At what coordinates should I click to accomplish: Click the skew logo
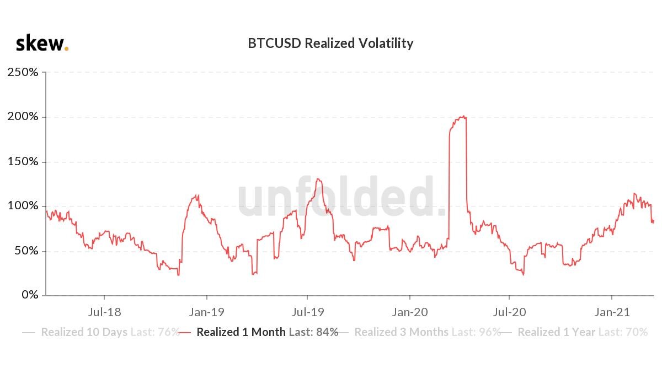pyautogui.click(x=42, y=43)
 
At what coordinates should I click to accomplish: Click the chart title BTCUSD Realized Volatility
pyautogui.click(x=330, y=44)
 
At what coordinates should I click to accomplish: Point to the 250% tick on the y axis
pyautogui.click(x=23, y=72)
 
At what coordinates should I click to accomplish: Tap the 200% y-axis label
pyautogui.click(x=23, y=117)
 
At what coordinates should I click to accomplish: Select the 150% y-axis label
pyautogui.click(x=23, y=161)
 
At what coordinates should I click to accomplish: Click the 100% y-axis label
pyautogui.click(x=23, y=206)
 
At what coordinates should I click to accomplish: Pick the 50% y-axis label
pyautogui.click(x=26, y=251)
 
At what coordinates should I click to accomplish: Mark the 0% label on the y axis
pyautogui.click(x=30, y=295)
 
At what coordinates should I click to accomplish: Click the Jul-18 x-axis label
pyautogui.click(x=104, y=312)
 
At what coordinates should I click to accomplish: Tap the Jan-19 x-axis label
pyautogui.click(x=206, y=312)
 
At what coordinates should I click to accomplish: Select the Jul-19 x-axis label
pyautogui.click(x=308, y=312)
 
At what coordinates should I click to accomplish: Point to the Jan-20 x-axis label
pyautogui.click(x=410, y=312)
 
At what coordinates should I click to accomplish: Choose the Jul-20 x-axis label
pyautogui.click(x=509, y=312)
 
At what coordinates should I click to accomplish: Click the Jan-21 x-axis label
pyautogui.click(x=612, y=312)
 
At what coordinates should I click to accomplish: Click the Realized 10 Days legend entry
pyautogui.click(x=101, y=332)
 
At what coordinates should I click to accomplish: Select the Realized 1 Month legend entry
pyautogui.click(x=259, y=332)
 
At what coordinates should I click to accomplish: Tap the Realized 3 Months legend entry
pyautogui.click(x=419, y=332)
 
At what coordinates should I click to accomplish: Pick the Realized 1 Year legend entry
pyautogui.click(x=574, y=332)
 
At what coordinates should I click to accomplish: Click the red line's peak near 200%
pyautogui.click(x=464, y=116)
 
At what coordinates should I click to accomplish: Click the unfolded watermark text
pyautogui.click(x=341, y=196)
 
